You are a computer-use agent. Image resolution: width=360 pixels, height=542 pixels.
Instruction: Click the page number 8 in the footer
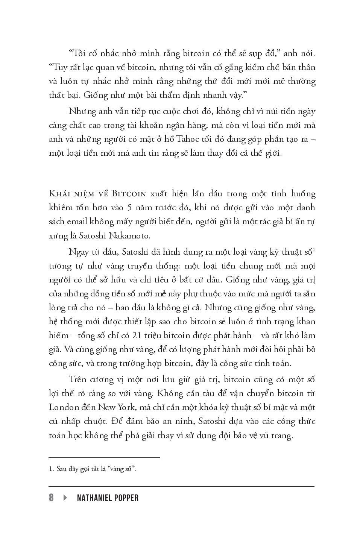[x=51, y=498]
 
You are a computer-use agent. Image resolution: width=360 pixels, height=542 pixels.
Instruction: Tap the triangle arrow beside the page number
[x=65, y=498]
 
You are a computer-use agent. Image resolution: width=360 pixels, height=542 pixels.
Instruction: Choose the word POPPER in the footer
[x=126, y=498]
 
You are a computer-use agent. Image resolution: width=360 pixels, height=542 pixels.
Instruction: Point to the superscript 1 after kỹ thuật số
[x=314, y=249]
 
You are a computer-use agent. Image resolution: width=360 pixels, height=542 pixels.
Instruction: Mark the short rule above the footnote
[x=105, y=458]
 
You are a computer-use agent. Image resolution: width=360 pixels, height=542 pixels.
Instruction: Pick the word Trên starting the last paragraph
[x=79, y=380]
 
